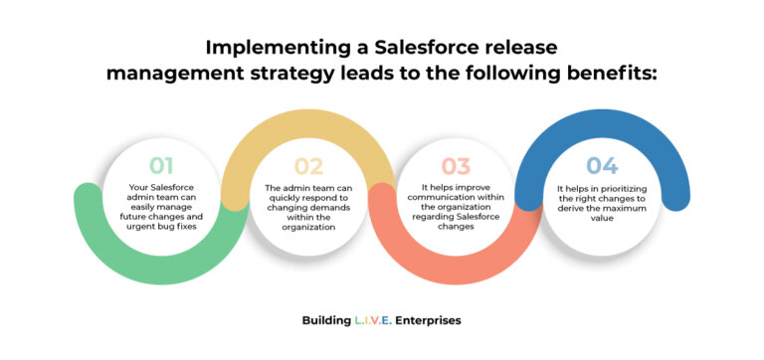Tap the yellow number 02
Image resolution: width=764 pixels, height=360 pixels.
pos(309,166)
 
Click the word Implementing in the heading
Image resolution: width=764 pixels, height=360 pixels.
pos(262,48)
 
